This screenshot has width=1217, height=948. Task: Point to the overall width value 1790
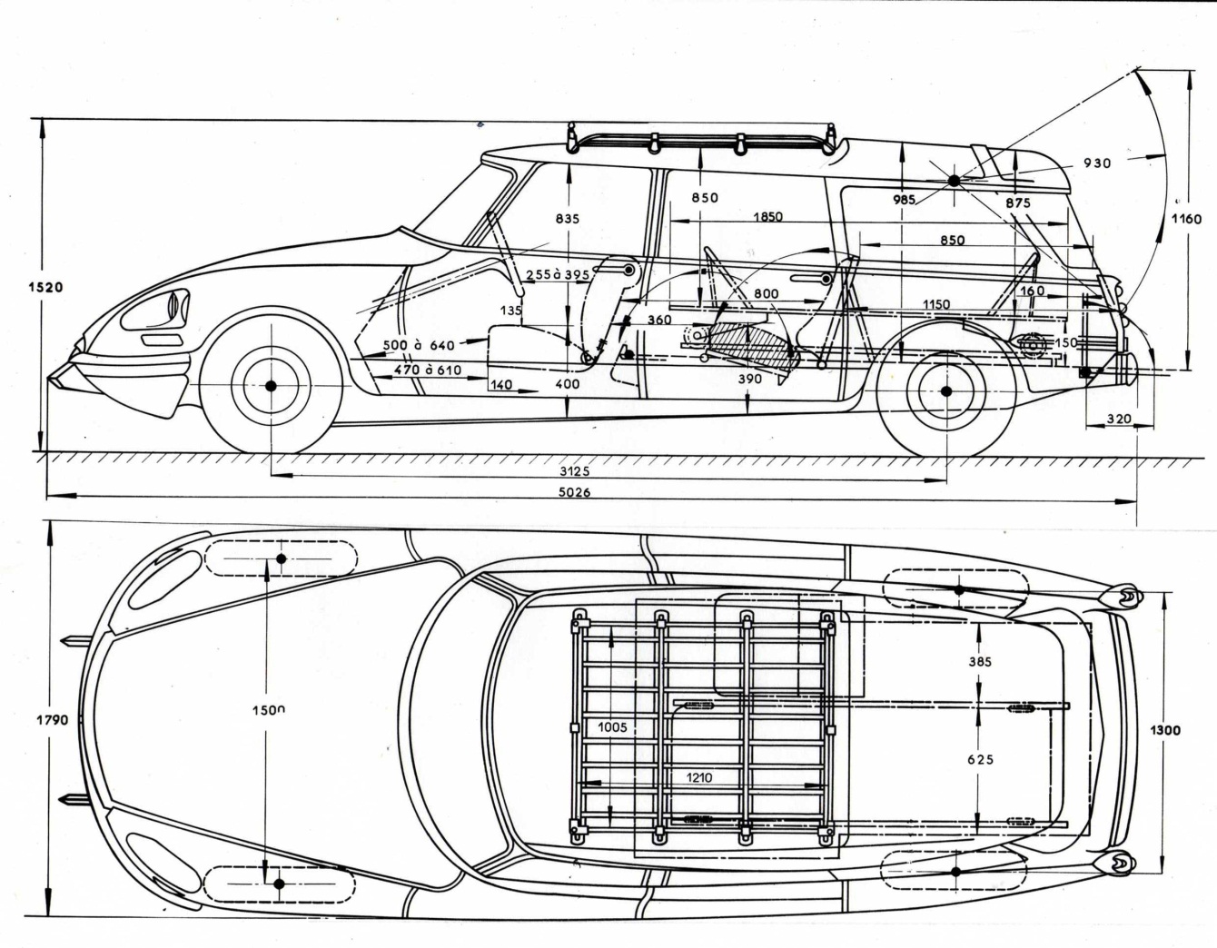click(52, 720)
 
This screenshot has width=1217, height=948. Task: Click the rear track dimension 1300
click(1164, 730)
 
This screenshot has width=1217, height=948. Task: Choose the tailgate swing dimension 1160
click(1184, 219)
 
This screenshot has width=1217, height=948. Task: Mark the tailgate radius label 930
click(1096, 163)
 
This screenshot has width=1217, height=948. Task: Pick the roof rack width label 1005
click(613, 726)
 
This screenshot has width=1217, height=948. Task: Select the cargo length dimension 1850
click(767, 217)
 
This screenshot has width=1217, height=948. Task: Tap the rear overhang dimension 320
click(1120, 419)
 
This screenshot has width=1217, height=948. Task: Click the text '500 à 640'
click(418, 345)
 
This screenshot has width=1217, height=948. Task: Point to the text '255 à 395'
click(557, 274)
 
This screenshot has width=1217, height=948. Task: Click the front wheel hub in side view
click(271, 387)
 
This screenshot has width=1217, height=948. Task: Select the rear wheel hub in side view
click(945, 391)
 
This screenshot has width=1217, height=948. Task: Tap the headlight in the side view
click(160, 309)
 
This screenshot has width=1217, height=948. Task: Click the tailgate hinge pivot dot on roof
click(955, 181)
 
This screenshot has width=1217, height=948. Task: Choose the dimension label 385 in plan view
click(980, 662)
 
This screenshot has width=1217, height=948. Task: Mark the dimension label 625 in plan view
click(980, 759)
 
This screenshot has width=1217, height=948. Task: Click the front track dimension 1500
click(269, 710)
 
